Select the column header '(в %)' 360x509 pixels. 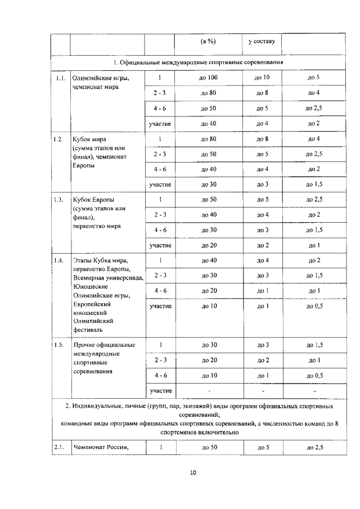[x=209, y=42]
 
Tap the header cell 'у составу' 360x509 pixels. [x=262, y=42]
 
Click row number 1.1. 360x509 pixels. [x=61, y=78]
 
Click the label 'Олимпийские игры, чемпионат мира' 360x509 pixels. [x=97, y=83]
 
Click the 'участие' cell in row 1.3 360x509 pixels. [x=160, y=245]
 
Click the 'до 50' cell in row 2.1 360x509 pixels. [x=209, y=448]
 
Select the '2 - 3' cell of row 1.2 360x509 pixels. [x=160, y=154]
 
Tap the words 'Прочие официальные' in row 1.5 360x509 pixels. [x=103, y=344]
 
